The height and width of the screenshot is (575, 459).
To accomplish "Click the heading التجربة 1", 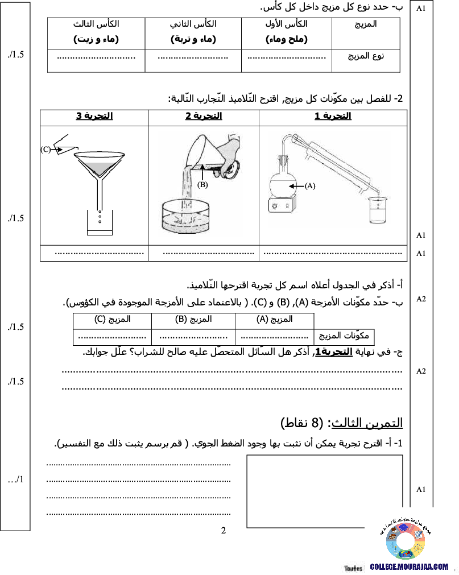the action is tap(333, 116).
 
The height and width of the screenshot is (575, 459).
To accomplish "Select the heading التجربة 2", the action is tap(204, 116).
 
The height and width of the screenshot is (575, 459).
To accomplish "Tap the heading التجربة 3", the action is tap(94, 116).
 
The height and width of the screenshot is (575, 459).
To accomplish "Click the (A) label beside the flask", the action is tap(310, 186).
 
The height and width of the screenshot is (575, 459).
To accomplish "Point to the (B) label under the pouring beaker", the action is tap(202, 185).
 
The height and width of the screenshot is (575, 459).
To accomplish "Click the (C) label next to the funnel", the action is tap(46, 150).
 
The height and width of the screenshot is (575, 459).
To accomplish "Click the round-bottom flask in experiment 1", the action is tap(283, 179).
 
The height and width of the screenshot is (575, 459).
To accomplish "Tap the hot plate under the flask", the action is tap(282, 205).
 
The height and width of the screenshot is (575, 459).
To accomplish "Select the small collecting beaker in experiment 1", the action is tap(378, 210).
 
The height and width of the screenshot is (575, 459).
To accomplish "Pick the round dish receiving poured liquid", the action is tap(185, 216).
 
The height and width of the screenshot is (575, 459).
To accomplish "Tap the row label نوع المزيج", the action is tap(366, 56).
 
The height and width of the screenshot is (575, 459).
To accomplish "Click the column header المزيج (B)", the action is tap(193, 320).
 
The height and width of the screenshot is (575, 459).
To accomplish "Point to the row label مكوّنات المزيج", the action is tap(344, 336).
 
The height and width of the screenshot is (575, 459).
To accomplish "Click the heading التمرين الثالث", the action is tap(367, 423).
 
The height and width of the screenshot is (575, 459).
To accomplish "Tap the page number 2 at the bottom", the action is tap(224, 531).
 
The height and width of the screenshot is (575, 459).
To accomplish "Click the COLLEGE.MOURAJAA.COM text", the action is tap(409, 567).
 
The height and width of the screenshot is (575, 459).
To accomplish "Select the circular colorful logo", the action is tap(405, 541).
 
